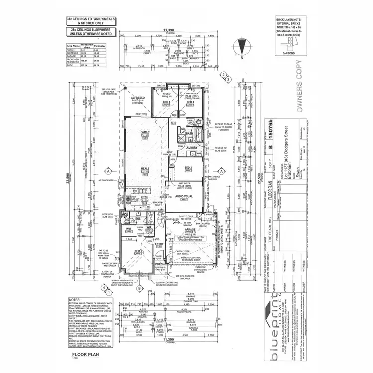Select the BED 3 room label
point(189,102)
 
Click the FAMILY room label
point(145,132)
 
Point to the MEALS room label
point(145,169)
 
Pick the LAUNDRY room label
point(191,148)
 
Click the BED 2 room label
point(188,168)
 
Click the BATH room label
point(189,133)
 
